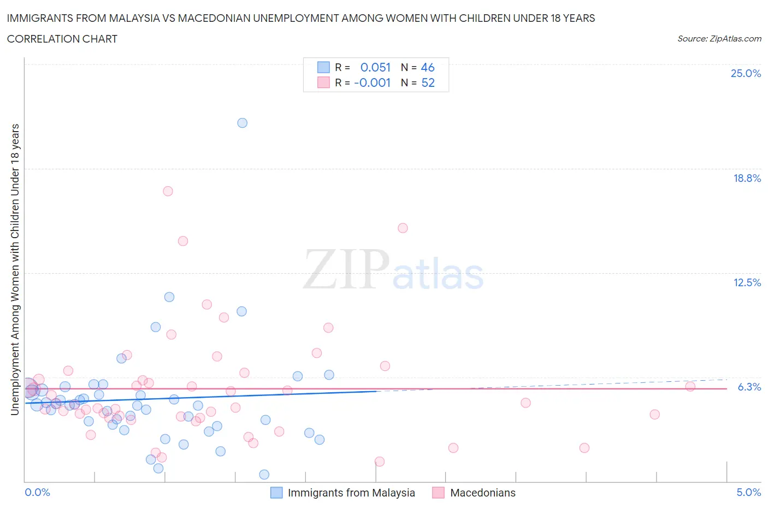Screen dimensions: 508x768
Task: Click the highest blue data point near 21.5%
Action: (243, 123)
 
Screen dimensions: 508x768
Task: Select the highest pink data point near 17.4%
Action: (168, 191)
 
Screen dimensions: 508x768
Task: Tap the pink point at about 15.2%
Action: (403, 228)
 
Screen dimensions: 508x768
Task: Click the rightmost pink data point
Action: (690, 387)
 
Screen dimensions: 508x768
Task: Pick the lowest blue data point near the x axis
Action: (264, 475)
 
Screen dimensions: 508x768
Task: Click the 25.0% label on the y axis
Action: (746, 74)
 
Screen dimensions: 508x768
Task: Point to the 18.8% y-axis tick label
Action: (747, 178)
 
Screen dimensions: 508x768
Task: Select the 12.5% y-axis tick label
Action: (747, 282)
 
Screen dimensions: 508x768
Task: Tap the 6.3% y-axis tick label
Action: (749, 387)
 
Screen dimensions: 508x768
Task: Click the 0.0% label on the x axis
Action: (38, 493)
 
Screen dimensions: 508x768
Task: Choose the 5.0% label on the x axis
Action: (748, 493)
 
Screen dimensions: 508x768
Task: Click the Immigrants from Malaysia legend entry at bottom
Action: (351, 493)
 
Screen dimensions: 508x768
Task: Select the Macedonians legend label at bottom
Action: (482, 493)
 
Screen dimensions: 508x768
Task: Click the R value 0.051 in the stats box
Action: (375, 67)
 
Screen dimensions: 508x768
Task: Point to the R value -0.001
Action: (373, 82)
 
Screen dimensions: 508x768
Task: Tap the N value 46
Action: (428, 67)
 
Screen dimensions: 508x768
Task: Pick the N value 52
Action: (428, 82)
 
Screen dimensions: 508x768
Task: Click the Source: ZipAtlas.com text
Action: (719, 39)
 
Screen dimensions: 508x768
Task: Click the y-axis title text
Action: (15, 269)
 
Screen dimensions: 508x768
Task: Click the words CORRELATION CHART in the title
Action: (62, 39)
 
